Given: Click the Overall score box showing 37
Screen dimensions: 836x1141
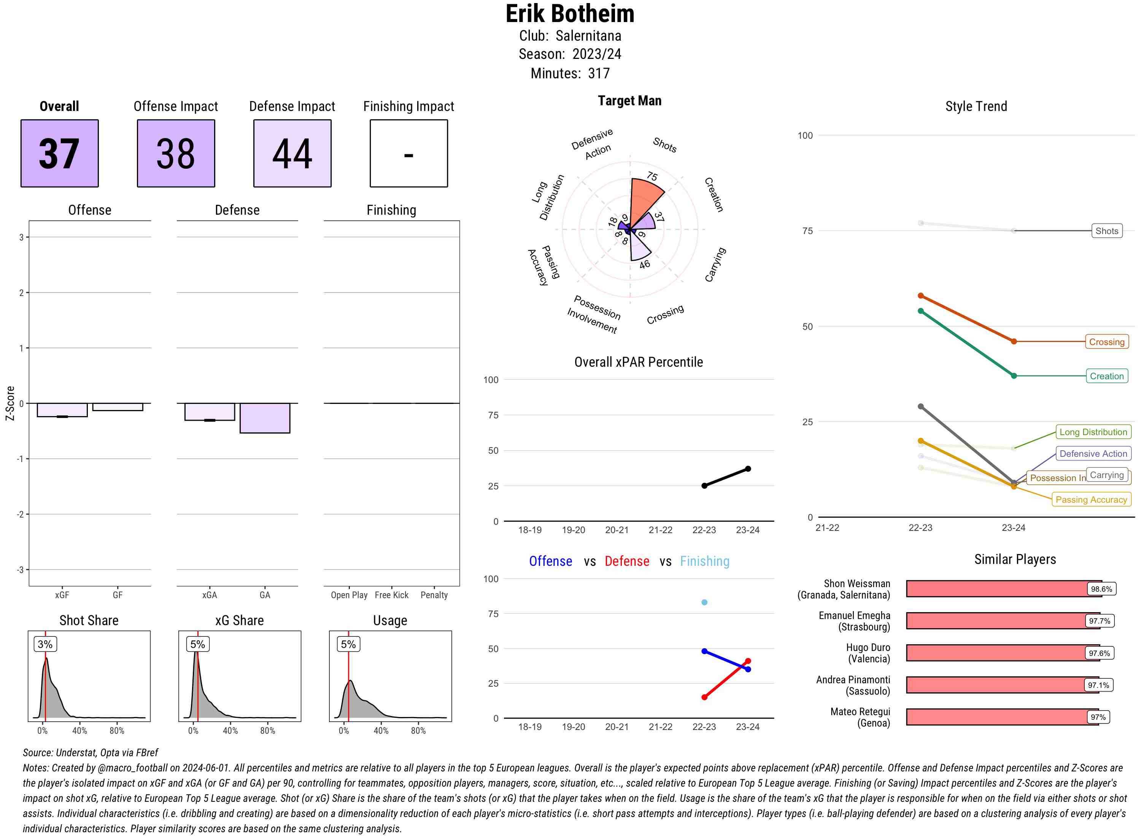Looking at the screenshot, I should [x=59, y=154].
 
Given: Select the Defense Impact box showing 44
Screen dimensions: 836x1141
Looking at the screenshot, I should [x=292, y=154].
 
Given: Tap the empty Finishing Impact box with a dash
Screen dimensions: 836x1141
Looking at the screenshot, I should [x=409, y=154].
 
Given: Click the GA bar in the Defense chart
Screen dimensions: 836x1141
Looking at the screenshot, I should [x=265, y=418].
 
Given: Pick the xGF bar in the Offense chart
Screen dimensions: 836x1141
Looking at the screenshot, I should [x=62, y=410].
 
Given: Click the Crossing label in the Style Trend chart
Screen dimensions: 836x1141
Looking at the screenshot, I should [x=1106, y=342].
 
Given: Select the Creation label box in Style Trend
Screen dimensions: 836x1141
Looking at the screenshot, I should [x=1106, y=376].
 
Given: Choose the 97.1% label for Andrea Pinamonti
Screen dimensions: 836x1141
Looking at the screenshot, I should [x=1098, y=685].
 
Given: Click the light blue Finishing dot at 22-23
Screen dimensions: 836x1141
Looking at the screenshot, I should [x=704, y=602].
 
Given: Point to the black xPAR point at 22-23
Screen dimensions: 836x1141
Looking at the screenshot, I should [x=704, y=486].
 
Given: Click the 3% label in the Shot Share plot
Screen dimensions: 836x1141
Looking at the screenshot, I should [x=45, y=644].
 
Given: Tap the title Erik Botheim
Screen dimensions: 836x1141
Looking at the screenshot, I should [x=570, y=14].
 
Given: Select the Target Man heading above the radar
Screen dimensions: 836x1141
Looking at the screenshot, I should [x=629, y=101].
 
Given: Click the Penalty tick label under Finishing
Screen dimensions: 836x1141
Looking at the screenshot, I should [x=434, y=595].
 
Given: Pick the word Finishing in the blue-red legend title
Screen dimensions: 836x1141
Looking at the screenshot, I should [x=704, y=561].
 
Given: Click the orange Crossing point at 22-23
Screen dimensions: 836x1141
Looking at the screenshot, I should [x=920, y=296].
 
